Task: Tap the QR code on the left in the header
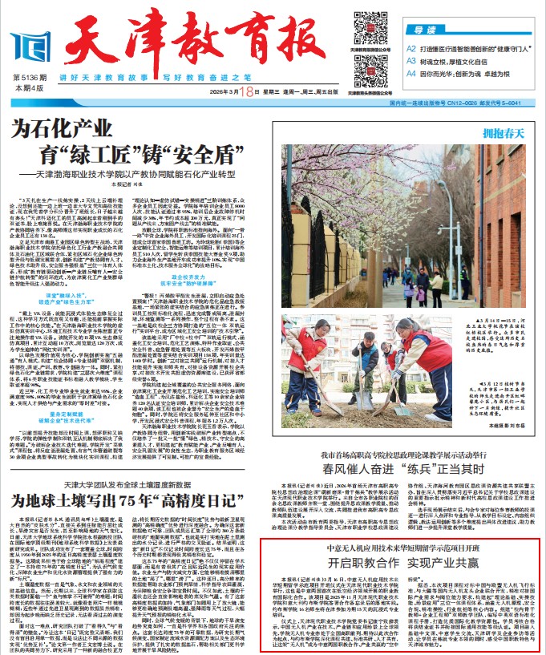365,29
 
